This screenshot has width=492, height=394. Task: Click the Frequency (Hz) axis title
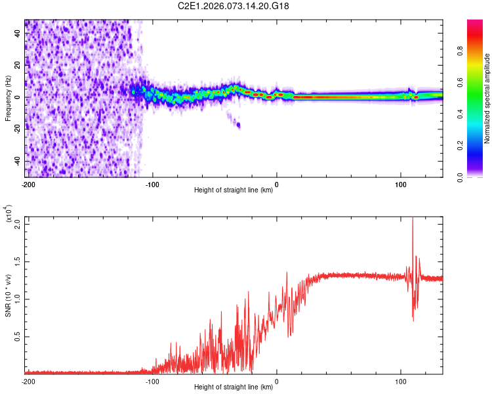(8, 98)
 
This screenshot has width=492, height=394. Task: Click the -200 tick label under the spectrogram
(28, 184)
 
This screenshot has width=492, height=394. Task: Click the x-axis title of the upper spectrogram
(234, 191)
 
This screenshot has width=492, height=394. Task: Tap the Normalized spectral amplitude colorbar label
(487, 98)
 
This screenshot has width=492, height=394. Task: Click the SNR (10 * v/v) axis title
(8, 290)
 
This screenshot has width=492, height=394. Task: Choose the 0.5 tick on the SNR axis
(18, 337)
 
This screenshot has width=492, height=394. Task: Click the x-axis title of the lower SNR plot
(234, 387)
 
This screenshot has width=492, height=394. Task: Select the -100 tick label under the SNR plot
(152, 381)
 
